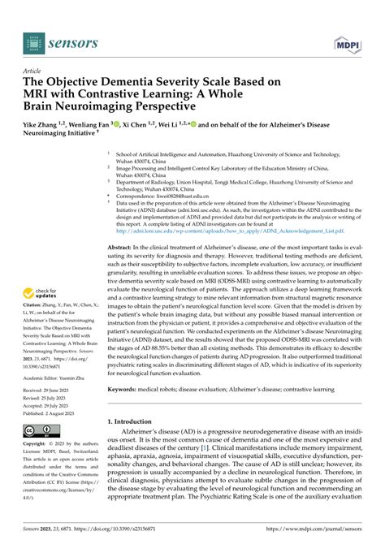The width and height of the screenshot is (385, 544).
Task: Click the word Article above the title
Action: click(34, 71)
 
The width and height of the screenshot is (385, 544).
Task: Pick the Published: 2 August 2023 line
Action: click(56, 412)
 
